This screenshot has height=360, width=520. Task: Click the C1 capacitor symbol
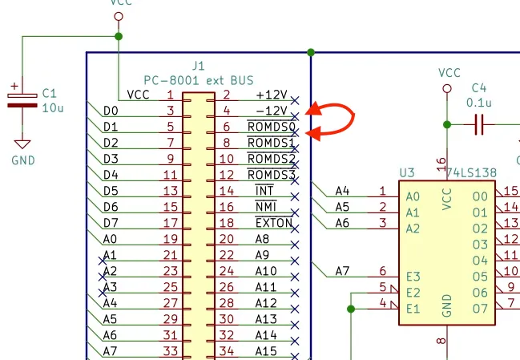coord(22,100)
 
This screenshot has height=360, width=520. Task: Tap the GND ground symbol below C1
coord(22,144)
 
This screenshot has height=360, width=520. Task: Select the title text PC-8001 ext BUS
coord(199,80)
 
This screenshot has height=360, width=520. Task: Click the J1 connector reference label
coord(199,66)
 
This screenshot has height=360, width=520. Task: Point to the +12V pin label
coord(272,95)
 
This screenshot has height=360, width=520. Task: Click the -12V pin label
coord(272,111)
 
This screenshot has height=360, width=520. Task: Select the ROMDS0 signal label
coord(272,127)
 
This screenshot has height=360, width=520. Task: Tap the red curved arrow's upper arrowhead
coord(313,109)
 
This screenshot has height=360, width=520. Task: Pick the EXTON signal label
coord(274,223)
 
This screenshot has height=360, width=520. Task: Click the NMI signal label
coord(266,207)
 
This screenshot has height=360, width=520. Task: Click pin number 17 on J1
coord(171,223)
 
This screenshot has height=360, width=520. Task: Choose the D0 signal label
coord(111,111)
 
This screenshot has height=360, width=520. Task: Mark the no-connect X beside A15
coord(295,356)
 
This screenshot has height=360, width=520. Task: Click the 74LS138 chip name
coord(471,173)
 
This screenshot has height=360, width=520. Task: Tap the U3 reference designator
coord(407,173)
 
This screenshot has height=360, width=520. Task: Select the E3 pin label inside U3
coord(413,277)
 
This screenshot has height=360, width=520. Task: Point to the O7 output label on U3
coord(480,309)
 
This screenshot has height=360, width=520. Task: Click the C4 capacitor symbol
coord(479,124)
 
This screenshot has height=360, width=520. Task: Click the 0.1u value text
coord(479,103)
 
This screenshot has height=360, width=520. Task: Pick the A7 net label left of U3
coord(342,271)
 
